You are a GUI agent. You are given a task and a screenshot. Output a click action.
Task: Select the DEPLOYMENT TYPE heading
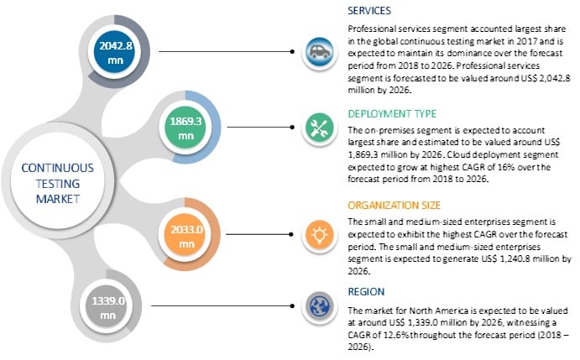390,114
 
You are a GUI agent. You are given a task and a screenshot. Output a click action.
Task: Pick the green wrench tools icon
318,125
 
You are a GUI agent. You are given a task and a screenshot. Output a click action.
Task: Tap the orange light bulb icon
318,236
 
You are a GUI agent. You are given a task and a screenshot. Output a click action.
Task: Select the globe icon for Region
318,305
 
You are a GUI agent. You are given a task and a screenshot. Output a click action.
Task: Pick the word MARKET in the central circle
56,199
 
